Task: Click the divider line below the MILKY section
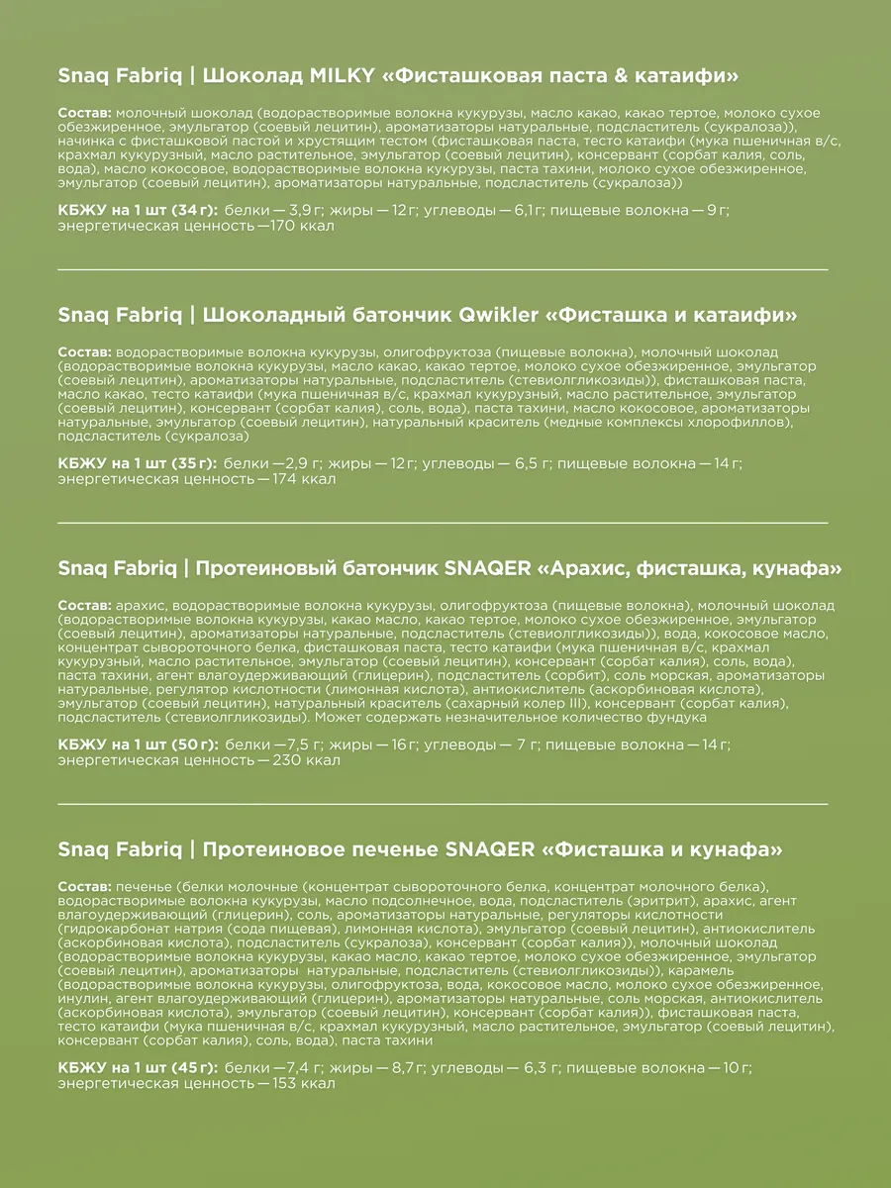[x=444, y=268]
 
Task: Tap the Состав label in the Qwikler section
[x=85, y=351]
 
